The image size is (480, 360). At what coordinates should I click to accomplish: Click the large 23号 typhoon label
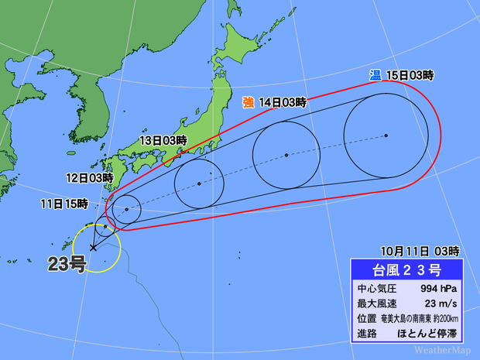[x=68, y=262]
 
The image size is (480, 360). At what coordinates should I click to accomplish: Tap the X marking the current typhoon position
[x=94, y=248]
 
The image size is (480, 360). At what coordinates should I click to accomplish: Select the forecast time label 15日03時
[x=409, y=75]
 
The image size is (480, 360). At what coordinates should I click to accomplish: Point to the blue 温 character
[x=375, y=74]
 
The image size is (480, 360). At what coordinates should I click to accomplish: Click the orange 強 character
[x=249, y=101]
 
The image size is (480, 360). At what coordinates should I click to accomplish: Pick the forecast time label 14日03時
[x=283, y=102]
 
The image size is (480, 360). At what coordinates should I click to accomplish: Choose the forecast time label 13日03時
[x=163, y=140]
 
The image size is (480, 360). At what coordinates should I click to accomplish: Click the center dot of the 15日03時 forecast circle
[x=386, y=135]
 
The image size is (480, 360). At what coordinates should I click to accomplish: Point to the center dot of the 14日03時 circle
[x=286, y=156]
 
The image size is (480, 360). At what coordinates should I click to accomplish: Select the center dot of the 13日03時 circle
[x=199, y=183]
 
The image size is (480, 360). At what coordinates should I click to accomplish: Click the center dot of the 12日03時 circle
[x=127, y=209]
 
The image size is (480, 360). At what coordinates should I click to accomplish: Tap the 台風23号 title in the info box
[x=407, y=270]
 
